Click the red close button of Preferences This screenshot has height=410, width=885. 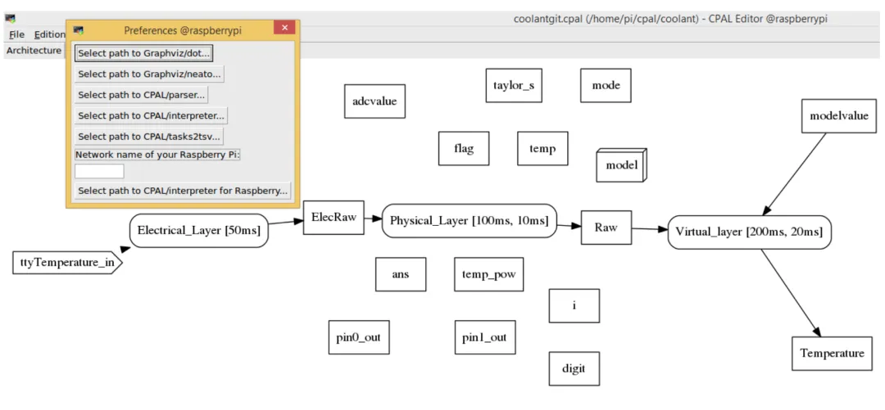[x=284, y=28]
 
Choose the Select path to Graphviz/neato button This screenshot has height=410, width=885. [x=150, y=74]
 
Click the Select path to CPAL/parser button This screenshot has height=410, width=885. [x=142, y=95]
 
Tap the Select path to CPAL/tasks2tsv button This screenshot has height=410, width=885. [x=149, y=137]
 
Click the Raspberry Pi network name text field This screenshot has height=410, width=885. [x=99, y=171]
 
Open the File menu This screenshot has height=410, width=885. [x=17, y=34]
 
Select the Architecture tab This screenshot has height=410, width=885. [x=34, y=50]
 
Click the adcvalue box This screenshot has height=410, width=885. [x=374, y=101]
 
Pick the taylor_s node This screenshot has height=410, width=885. [x=514, y=86]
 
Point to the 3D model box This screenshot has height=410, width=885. [x=621, y=165]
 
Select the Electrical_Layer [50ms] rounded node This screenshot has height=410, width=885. [x=198, y=230]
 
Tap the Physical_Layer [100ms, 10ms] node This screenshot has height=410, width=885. [x=469, y=220]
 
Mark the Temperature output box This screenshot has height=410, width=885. [x=832, y=354]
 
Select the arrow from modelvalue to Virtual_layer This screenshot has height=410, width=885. [x=794, y=174]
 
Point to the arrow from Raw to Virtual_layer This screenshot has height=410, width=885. [x=650, y=229]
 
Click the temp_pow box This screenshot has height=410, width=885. [x=488, y=275]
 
